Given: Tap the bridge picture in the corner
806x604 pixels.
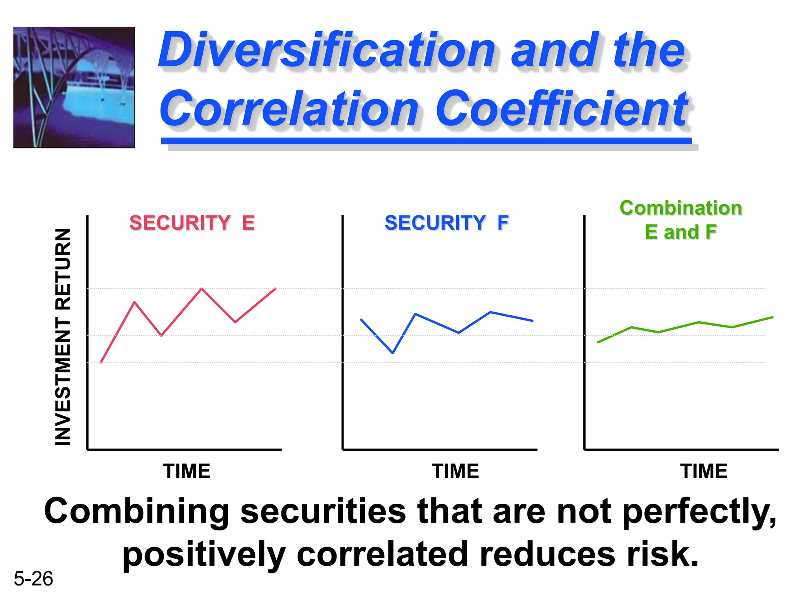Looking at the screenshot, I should (74, 87).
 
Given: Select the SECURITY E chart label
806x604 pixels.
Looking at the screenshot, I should (192, 223).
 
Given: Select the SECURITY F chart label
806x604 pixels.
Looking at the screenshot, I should (446, 223).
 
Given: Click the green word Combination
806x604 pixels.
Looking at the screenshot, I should (680, 208).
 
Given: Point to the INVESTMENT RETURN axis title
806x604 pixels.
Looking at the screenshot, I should (63, 337).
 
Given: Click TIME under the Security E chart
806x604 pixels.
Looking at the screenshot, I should (187, 471).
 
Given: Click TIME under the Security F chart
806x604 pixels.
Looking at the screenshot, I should (455, 471).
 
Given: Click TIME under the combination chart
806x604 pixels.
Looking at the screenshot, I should (704, 471).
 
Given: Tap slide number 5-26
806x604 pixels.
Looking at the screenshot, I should (33, 579).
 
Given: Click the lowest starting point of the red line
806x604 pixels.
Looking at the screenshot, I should (101, 362).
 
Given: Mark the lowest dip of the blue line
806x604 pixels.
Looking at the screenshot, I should (393, 353).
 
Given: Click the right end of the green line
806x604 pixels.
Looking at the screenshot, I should (772, 317).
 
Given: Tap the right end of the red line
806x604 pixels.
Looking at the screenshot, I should (275, 289).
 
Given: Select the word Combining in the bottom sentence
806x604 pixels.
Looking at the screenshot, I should (136, 511).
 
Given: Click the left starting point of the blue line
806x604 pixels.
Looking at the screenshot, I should (361, 320).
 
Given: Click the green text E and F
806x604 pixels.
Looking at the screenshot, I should (680, 232).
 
